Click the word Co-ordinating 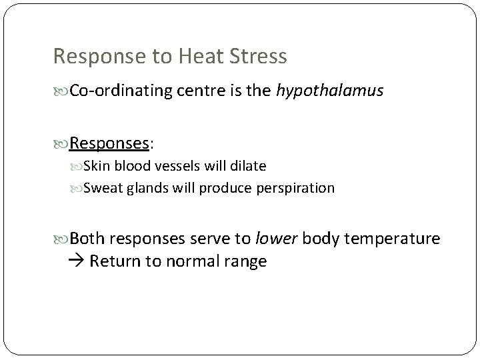[117, 91]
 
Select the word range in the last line [245, 261]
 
